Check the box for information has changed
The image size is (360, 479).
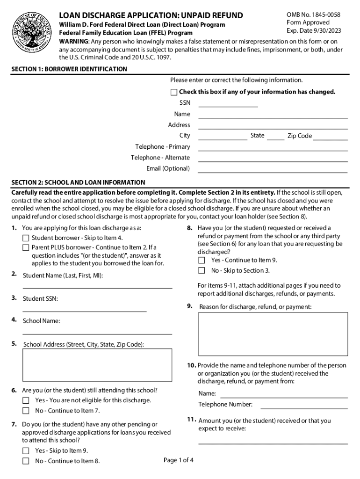pos(174,92)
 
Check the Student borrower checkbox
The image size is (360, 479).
pos(26,238)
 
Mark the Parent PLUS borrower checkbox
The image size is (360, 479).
pos(26,247)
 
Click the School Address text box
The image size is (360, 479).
pos(97,366)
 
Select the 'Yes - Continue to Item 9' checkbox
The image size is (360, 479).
pos(202,260)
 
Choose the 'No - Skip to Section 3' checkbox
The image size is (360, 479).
pos(202,270)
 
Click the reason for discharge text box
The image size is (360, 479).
pos(273,334)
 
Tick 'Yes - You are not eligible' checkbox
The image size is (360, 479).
pos(26,400)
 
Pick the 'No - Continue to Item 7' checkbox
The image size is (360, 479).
pos(26,411)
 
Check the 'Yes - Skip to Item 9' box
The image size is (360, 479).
pos(26,451)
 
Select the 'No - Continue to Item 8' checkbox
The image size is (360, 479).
pos(26,461)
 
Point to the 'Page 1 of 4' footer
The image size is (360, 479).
pos(179,460)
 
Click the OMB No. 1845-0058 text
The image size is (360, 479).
pos(313,15)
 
